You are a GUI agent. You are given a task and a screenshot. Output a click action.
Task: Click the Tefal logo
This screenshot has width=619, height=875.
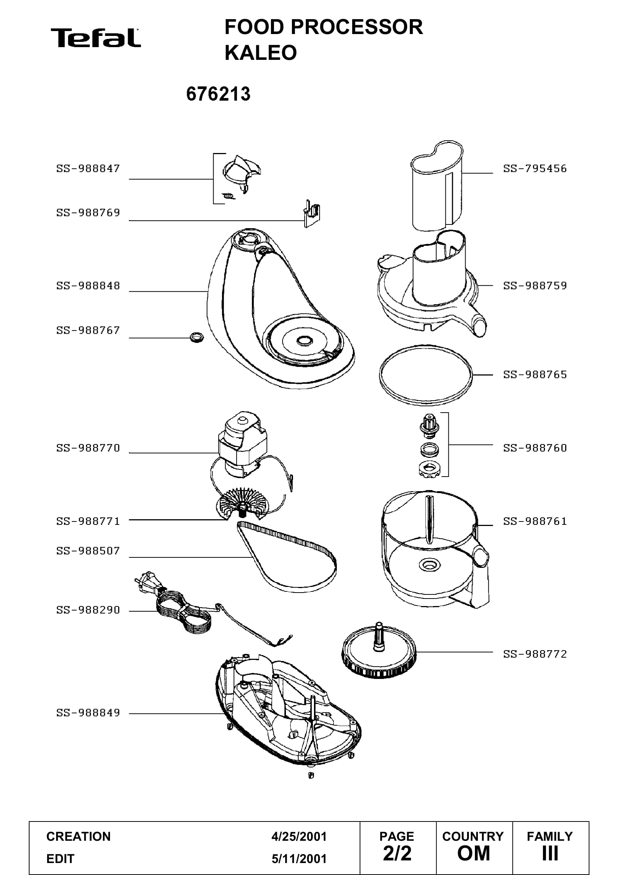(96, 38)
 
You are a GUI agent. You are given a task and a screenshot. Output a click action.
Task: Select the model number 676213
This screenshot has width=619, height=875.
(219, 94)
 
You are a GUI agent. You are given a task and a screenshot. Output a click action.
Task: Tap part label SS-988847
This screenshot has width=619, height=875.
(88, 168)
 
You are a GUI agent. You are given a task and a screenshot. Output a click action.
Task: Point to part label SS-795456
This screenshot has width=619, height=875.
(535, 168)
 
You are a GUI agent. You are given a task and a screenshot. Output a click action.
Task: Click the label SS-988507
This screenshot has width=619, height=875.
(88, 551)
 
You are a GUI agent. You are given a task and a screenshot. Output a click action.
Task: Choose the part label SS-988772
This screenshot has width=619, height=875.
(535, 654)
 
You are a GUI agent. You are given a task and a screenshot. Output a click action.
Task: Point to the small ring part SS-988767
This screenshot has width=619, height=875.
(196, 337)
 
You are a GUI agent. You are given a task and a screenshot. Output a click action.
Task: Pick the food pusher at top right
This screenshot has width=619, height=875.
(437, 186)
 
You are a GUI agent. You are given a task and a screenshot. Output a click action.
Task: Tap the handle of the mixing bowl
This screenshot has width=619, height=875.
(481, 575)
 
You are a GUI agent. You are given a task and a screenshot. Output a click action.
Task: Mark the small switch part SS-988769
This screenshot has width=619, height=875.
(311, 213)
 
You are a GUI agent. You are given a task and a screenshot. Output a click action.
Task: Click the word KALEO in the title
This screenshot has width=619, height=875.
(261, 53)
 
